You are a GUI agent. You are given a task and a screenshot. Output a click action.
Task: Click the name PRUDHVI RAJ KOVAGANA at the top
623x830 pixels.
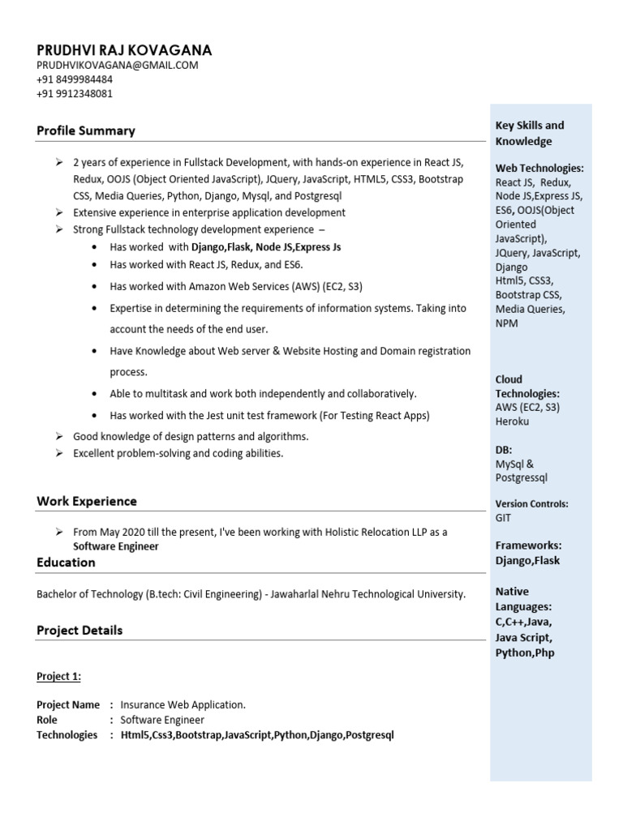124,50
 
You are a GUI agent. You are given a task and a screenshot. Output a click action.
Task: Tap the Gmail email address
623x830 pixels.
117,66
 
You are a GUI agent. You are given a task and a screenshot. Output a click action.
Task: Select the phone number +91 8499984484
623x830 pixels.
75,79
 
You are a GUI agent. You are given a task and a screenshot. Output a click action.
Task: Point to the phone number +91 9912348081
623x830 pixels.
75,93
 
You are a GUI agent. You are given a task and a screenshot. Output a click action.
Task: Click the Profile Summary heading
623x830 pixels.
86,130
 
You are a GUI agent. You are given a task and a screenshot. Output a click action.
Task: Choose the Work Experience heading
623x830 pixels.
87,501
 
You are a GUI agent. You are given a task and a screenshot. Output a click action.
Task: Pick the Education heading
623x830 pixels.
66,562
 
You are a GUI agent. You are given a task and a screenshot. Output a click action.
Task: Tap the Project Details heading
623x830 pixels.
79,630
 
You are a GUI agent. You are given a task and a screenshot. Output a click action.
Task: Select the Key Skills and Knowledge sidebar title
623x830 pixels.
530,133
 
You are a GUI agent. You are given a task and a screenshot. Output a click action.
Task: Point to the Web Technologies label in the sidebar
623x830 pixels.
539,168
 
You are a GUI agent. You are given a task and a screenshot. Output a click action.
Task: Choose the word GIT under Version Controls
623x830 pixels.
504,517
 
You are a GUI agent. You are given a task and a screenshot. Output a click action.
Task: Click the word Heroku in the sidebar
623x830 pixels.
512,421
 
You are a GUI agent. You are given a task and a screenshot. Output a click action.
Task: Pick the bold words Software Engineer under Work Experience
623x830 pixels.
116,546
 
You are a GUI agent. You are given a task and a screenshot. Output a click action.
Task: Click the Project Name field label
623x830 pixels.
68,704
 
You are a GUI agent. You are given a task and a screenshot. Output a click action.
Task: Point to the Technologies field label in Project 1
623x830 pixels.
67,735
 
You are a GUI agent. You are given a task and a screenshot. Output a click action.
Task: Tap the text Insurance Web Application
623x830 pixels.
183,704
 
